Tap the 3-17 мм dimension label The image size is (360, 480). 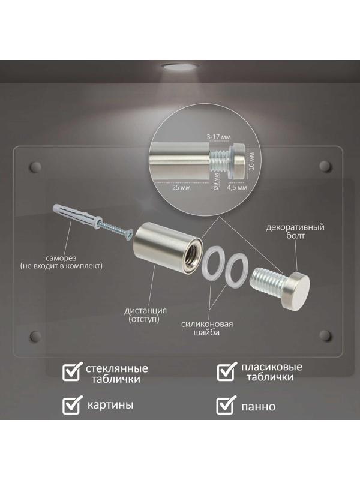pyautogui.click(x=218, y=137)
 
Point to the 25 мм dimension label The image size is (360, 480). pyautogui.click(x=181, y=187)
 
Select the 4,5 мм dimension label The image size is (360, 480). pyautogui.click(x=237, y=187)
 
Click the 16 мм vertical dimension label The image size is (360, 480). pyautogui.click(x=251, y=161)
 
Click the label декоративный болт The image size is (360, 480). pyautogui.click(x=295, y=232)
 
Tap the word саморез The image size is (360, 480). pyautogui.click(x=61, y=258)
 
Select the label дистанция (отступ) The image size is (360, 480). pyautogui.click(x=145, y=315)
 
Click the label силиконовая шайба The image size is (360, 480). pyautogui.click(x=207, y=328)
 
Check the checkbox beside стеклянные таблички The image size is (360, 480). pyautogui.click(x=72, y=371)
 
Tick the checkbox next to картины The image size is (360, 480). pyautogui.click(x=72, y=405)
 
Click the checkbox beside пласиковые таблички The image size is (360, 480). pyautogui.click(x=227, y=371)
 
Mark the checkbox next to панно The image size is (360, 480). pyautogui.click(x=227, y=405)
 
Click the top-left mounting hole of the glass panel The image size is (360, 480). pyautogui.click(x=35, y=166)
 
